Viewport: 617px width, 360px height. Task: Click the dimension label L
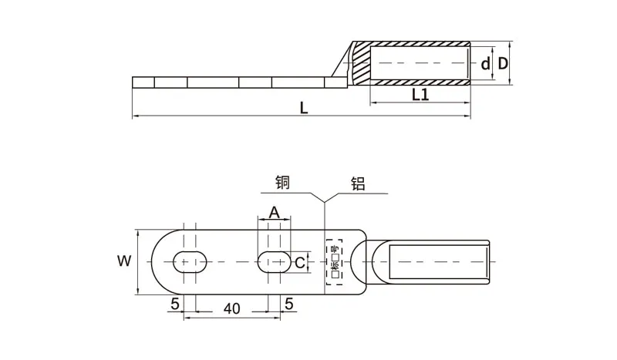(304, 109)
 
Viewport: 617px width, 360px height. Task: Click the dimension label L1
(420, 94)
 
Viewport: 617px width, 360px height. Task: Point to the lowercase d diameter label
(485, 63)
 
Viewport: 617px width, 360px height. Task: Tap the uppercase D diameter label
(503, 63)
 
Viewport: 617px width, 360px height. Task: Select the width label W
(123, 261)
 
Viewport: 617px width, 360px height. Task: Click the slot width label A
(273, 214)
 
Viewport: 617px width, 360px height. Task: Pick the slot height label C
(300, 262)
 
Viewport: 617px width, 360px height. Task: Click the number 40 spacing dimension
(231, 308)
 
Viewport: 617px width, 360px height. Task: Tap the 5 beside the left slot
(175, 304)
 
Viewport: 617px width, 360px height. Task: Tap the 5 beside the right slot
(289, 304)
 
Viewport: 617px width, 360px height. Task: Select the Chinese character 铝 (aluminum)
(358, 183)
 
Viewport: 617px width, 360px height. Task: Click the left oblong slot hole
(190, 261)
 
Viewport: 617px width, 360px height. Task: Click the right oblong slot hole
(273, 261)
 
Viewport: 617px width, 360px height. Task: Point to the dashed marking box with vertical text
(333, 262)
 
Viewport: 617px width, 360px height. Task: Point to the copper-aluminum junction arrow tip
(325, 203)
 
